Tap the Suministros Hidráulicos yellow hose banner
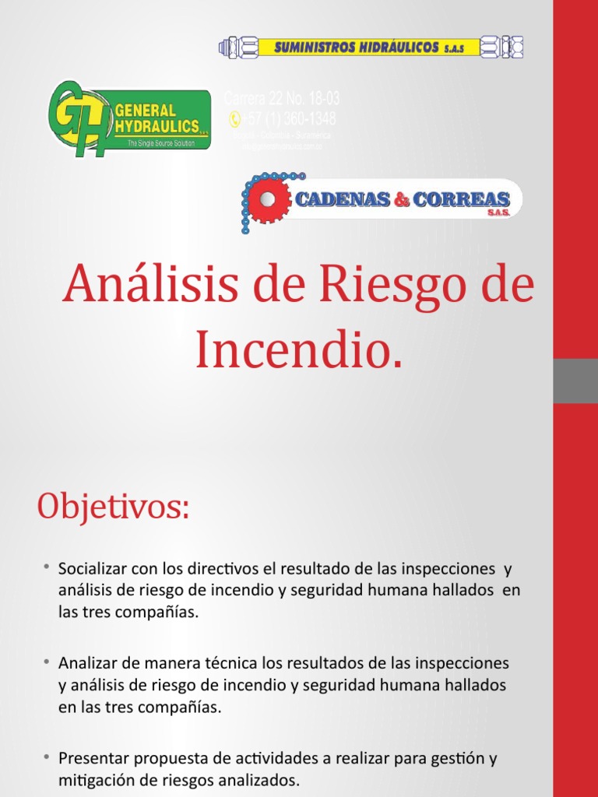(x=371, y=48)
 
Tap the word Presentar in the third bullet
(x=91, y=758)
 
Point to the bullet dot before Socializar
(x=47, y=567)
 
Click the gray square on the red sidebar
(x=575, y=381)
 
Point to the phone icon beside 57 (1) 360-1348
(x=234, y=119)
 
